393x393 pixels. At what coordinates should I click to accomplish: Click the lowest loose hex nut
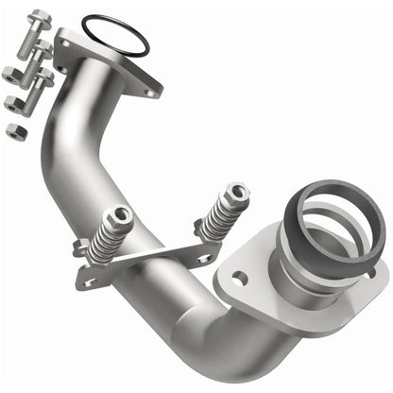(14, 131)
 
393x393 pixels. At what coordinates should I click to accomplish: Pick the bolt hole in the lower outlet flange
(238, 278)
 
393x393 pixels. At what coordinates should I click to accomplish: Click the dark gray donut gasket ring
(325, 204)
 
